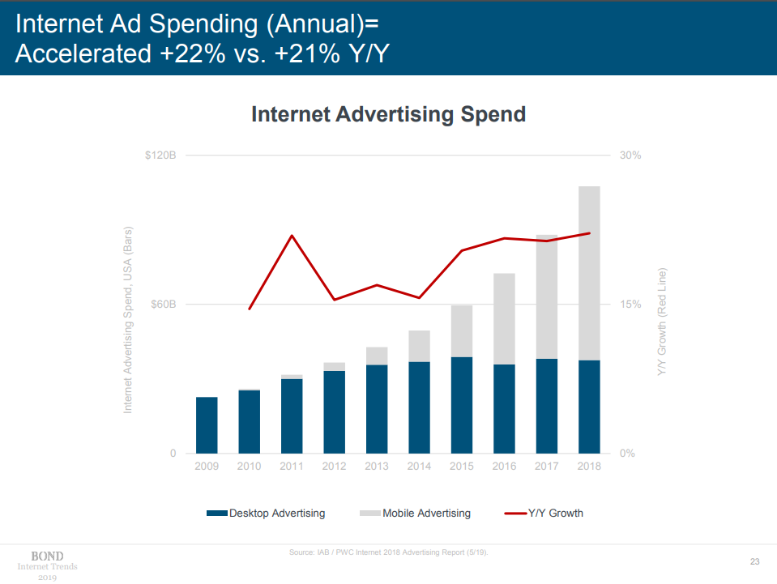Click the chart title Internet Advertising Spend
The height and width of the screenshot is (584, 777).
[x=388, y=114]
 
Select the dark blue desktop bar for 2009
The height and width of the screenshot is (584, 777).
[x=207, y=425]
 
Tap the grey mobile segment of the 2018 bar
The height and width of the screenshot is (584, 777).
[x=589, y=273]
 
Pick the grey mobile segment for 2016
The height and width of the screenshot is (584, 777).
[x=504, y=318]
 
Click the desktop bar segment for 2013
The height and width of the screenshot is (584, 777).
[x=377, y=409]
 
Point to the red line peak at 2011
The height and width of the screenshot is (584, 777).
[x=292, y=236]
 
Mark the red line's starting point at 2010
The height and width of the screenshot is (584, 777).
[x=250, y=309]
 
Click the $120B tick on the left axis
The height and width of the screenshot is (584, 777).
[x=162, y=155]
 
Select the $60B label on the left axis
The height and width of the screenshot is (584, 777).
[x=164, y=305]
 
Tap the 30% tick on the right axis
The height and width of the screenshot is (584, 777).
[x=630, y=155]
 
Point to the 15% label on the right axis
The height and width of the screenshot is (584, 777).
[x=630, y=305]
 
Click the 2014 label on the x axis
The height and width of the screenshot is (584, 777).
[x=419, y=467]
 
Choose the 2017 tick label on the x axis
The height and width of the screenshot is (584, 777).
[x=546, y=467]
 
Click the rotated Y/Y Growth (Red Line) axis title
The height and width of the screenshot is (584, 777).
[x=662, y=322]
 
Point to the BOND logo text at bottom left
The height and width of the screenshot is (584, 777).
[x=47, y=556]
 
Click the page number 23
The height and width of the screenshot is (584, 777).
[x=754, y=562]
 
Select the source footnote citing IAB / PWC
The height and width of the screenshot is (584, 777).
[x=389, y=552]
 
